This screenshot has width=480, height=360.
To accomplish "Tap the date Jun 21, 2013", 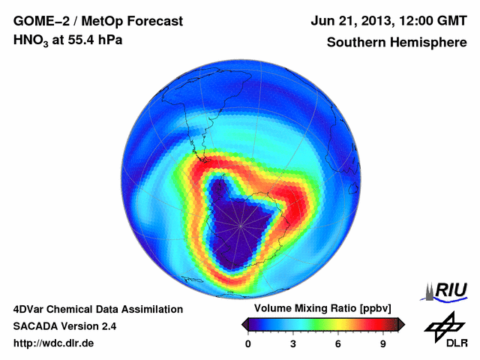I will tap(354, 20).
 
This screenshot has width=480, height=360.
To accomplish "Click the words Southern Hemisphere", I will tap(397, 42).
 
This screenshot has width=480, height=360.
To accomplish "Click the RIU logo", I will tap(444, 289).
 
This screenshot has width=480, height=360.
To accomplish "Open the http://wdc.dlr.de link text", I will tap(54, 343).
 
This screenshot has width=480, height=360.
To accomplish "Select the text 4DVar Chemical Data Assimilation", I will tap(97, 309).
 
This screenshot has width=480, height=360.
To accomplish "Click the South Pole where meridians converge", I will tap(241, 224).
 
